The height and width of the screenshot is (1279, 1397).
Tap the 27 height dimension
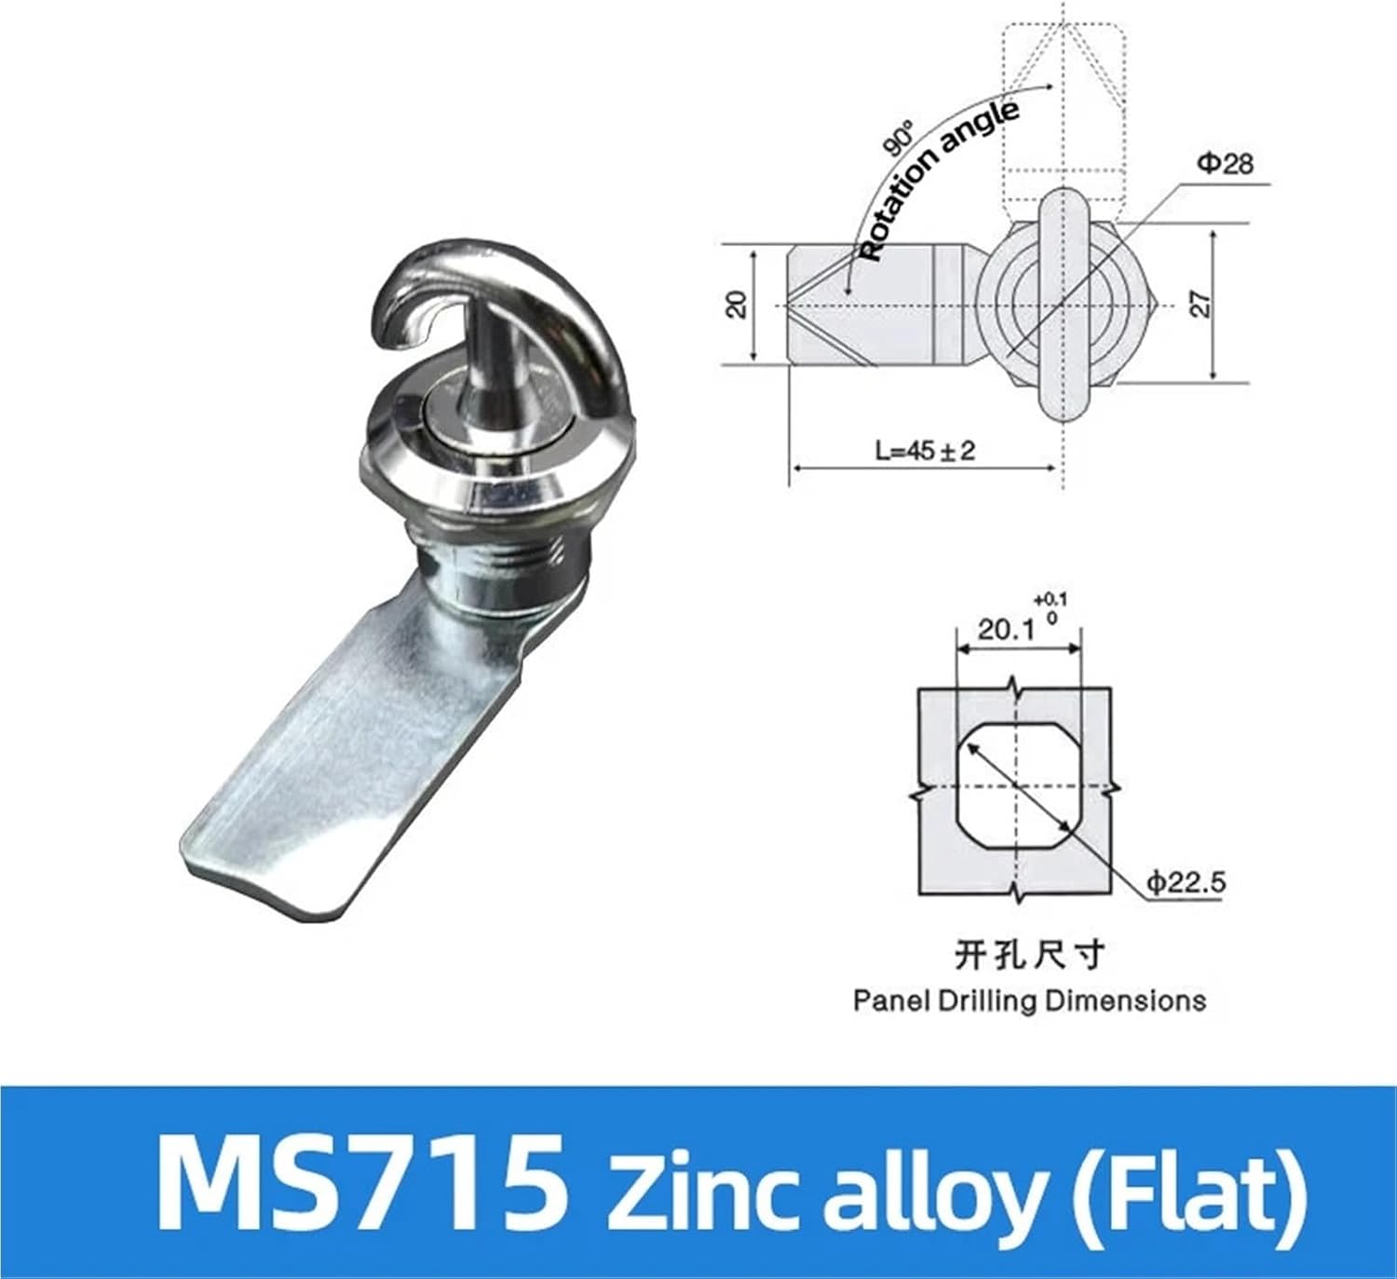pos(1201,304)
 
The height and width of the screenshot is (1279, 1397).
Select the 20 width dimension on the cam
pos(737,304)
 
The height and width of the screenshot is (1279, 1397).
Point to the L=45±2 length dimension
pos(924,451)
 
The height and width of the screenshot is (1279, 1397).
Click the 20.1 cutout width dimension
pos(1006,630)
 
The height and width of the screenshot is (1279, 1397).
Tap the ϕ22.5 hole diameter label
pos(1186,881)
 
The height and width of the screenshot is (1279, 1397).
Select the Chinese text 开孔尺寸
pos(1029,954)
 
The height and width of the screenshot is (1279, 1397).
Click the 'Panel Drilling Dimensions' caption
pos(1029,1001)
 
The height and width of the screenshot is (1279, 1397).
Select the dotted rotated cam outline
pos(1064,93)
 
